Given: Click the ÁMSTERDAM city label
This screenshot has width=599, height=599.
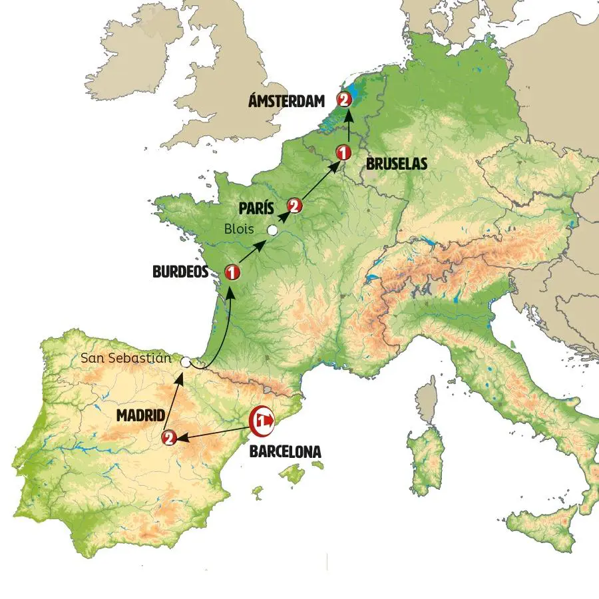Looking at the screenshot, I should tap(286, 101).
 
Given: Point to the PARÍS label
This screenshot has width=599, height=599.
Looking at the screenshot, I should tap(257, 207).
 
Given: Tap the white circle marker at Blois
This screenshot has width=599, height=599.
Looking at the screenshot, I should tap(272, 230).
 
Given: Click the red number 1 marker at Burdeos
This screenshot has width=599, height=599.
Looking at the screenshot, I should tap(232, 272).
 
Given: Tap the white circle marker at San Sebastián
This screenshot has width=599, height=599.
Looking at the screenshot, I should tap(186, 362).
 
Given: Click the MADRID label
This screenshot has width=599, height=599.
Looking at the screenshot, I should tap(140, 415).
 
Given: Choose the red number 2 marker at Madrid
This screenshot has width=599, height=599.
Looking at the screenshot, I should tap(168, 437).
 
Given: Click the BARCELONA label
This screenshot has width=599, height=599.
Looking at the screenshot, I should tap(285, 451).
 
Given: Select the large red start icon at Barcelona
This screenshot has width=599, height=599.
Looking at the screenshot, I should tap(262, 421).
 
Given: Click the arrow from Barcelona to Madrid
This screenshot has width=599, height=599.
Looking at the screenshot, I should tap(213, 430).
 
